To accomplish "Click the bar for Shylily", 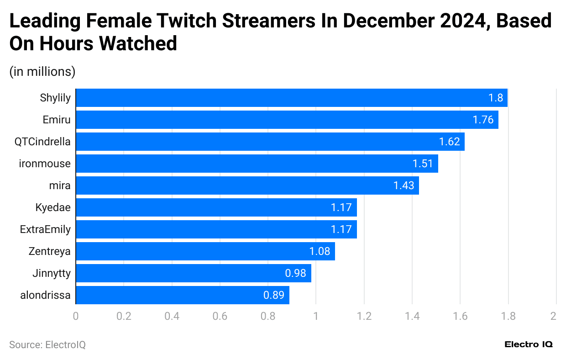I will [x=291, y=98].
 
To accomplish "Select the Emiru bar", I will [x=287, y=120].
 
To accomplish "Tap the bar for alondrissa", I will [x=182, y=295].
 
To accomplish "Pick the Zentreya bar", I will [x=205, y=251].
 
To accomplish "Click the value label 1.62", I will [x=449, y=142].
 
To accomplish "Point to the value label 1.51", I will [x=423, y=164].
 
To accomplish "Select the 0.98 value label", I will [x=296, y=273].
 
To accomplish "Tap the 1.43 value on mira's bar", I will [x=404, y=185].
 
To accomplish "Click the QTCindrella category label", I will [x=42, y=142].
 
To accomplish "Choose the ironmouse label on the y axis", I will [x=45, y=164].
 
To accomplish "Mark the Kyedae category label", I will [x=53, y=207].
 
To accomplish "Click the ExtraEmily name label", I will [x=45, y=229].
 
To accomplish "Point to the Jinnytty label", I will [x=52, y=273].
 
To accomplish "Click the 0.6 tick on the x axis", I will [x=220, y=316].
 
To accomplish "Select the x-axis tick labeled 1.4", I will [x=412, y=316].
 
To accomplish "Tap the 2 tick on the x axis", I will [x=553, y=316].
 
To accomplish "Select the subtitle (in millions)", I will [x=42, y=72].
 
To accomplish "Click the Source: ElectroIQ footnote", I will [x=47, y=345].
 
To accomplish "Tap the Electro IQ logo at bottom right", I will [x=529, y=344].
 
